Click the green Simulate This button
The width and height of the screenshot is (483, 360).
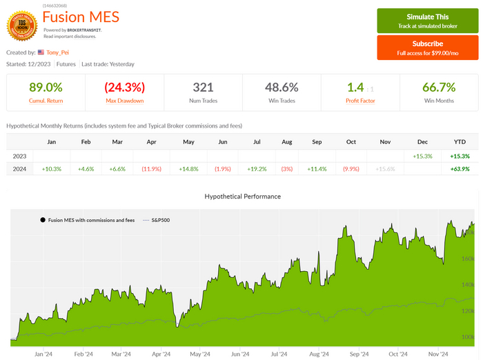(427, 21)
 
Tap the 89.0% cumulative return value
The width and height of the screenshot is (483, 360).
(46, 88)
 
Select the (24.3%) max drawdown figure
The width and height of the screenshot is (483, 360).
(124, 88)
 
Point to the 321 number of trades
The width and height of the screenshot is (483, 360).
(203, 88)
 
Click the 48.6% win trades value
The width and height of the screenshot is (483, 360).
(282, 88)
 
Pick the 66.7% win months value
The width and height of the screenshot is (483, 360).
(438, 88)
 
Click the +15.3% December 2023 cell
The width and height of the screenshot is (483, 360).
(423, 156)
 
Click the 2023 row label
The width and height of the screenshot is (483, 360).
(20, 156)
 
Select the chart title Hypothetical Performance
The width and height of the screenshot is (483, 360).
(242, 197)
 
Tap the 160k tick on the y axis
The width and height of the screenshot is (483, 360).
(467, 259)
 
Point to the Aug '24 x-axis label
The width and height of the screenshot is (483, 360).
(319, 354)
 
